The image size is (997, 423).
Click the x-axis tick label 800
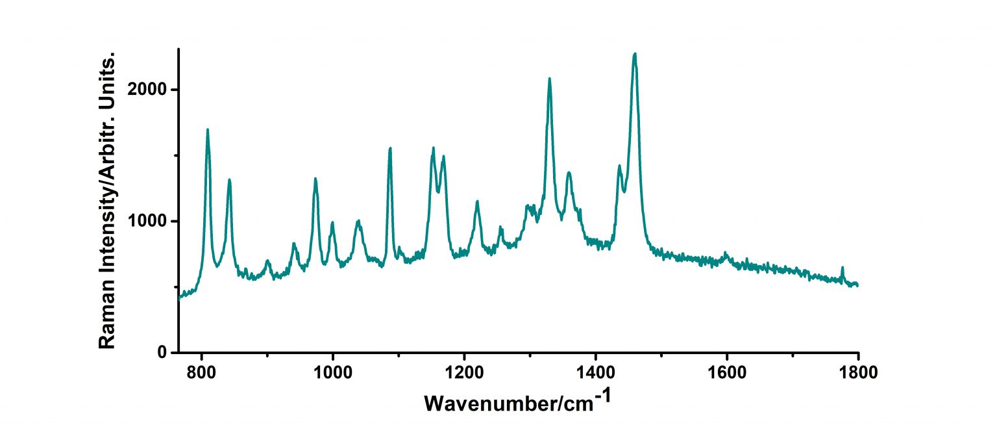[x=202, y=373]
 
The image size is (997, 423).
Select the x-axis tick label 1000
[x=333, y=373]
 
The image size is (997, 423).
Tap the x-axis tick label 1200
[x=464, y=373]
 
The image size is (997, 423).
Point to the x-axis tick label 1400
[x=595, y=373]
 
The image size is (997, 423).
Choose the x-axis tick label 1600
[x=727, y=373]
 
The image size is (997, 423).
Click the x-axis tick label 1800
[x=858, y=373]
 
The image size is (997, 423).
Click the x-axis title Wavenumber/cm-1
[x=517, y=401]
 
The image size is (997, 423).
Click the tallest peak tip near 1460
[x=635, y=54]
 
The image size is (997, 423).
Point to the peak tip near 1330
[x=550, y=79]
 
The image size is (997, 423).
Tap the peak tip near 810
[x=208, y=129]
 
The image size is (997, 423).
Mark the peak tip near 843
[x=229, y=179]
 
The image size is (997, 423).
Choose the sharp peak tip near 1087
[x=390, y=148]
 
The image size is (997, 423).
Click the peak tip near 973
[x=315, y=178]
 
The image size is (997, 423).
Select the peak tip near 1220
[x=477, y=201]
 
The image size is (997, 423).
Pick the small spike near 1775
[x=843, y=268]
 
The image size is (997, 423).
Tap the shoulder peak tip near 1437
[x=619, y=166]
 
